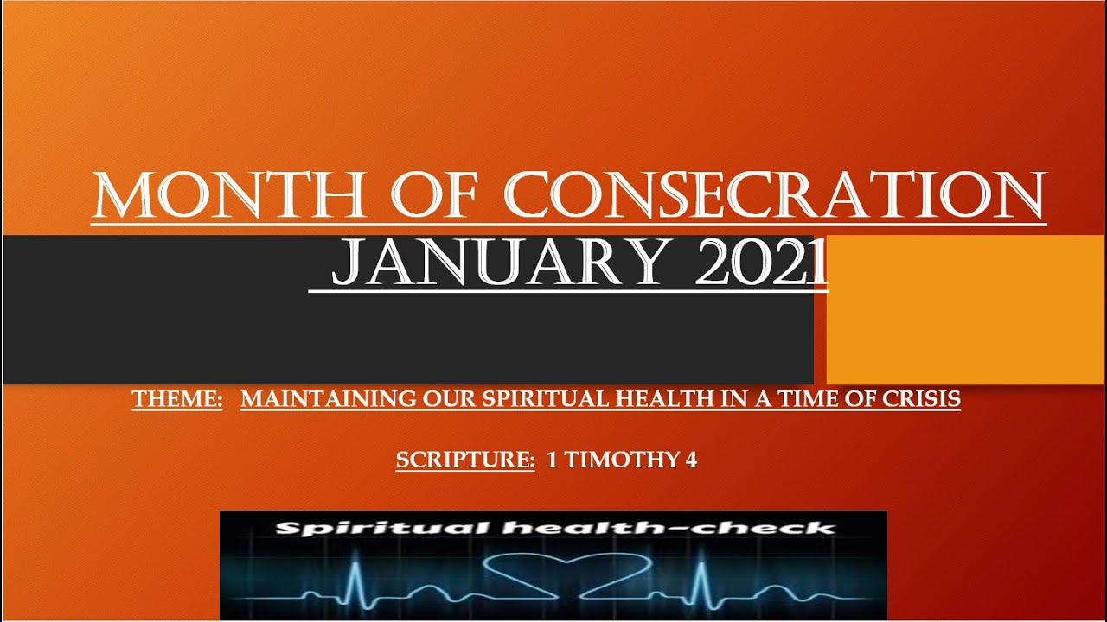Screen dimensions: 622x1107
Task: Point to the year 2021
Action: coord(762,263)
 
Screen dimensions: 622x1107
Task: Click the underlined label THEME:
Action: coord(177,400)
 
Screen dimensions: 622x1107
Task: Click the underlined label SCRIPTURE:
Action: coord(465,460)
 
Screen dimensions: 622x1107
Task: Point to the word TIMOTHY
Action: coord(621,460)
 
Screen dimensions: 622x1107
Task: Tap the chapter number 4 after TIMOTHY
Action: coord(691,460)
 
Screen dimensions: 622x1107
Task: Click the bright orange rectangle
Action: coord(965,309)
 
